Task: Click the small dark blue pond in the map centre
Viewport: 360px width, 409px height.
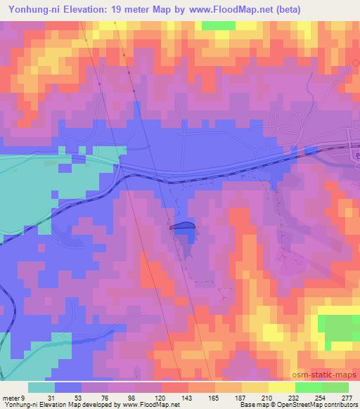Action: (182, 226)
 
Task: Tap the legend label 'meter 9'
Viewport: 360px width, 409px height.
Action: (14, 398)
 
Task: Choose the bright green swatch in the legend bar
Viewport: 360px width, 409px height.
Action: (308, 387)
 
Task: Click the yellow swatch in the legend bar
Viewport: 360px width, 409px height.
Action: (281, 387)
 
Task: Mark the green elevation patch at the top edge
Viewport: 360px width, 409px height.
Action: (219, 25)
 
